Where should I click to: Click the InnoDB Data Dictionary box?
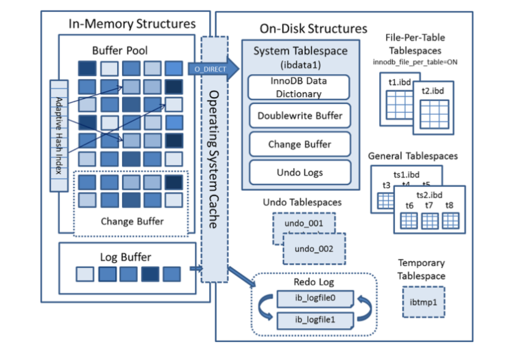300,88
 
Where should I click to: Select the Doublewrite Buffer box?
300,116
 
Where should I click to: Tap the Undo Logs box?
300,172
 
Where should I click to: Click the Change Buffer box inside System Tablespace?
300,144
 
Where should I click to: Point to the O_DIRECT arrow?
215,69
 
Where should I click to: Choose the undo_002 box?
314,249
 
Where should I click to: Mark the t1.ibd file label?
397,82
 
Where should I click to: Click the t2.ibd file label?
432,90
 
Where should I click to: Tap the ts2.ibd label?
429,194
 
